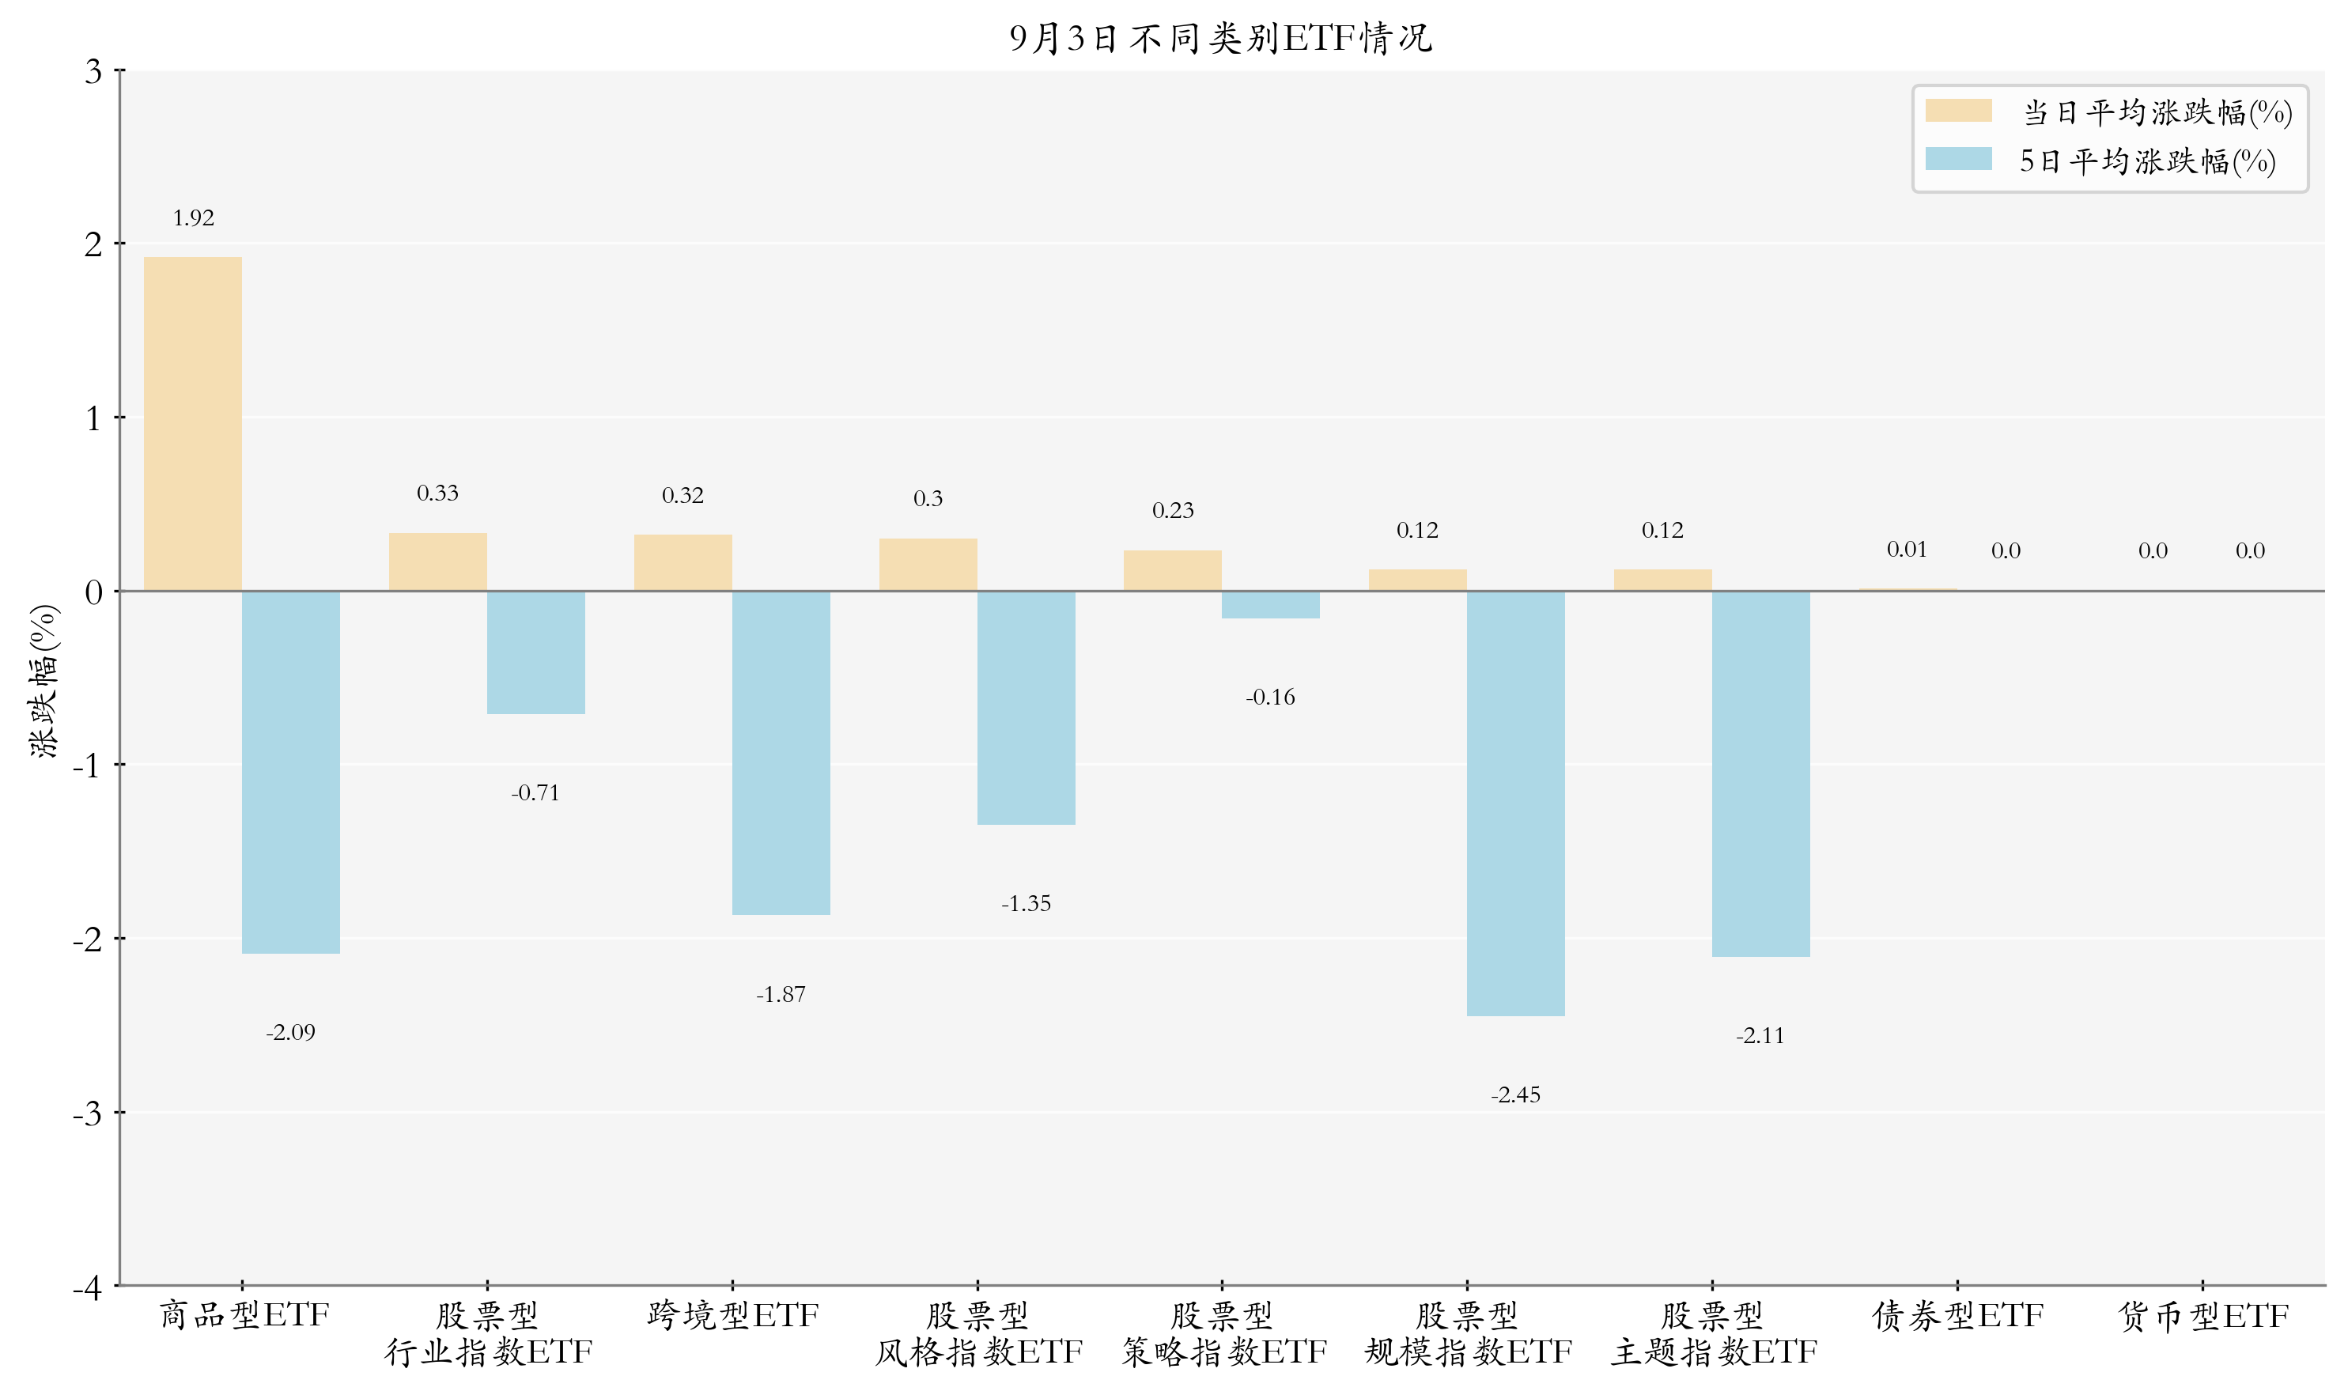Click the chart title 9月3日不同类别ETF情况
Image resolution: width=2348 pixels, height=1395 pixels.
[x=1220, y=38]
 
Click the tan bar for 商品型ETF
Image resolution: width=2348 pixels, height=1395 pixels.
[x=193, y=424]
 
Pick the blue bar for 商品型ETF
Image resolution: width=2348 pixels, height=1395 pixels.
[x=290, y=773]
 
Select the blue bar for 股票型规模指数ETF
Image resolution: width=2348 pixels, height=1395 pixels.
[x=1515, y=803]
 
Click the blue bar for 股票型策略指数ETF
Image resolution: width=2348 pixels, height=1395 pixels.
[x=1271, y=604]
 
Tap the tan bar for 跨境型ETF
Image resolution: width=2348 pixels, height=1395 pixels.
[x=682, y=563]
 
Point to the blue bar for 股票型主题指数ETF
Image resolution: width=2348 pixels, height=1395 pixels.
[x=1760, y=774]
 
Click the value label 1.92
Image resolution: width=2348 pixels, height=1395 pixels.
[x=194, y=218]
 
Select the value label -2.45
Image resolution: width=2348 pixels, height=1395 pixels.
[x=1515, y=1095]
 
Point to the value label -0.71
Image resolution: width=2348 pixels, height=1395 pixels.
[x=535, y=793]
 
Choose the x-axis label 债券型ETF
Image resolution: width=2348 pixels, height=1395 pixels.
[x=1958, y=1315]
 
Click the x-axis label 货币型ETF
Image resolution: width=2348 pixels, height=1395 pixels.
[x=2202, y=1315]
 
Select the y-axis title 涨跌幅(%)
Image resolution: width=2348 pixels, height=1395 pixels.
[x=44, y=682]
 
